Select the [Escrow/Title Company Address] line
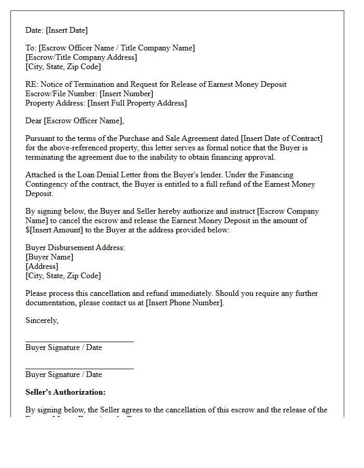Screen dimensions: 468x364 point(81,58)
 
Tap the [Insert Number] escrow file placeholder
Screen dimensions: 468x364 point(126,94)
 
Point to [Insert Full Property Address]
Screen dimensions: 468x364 point(137,103)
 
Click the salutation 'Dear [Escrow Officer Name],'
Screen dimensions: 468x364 point(75,121)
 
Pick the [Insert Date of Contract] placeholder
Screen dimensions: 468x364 point(281,139)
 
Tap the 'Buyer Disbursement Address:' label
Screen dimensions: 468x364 point(75,248)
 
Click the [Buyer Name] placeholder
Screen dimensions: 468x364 point(49,257)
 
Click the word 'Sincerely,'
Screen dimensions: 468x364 point(42,321)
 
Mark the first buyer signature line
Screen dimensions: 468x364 point(79,342)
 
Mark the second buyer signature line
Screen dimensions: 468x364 point(79,369)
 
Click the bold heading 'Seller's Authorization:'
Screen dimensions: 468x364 point(66,393)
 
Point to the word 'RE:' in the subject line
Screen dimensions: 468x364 point(32,85)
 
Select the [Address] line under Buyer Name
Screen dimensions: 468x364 point(42,267)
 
